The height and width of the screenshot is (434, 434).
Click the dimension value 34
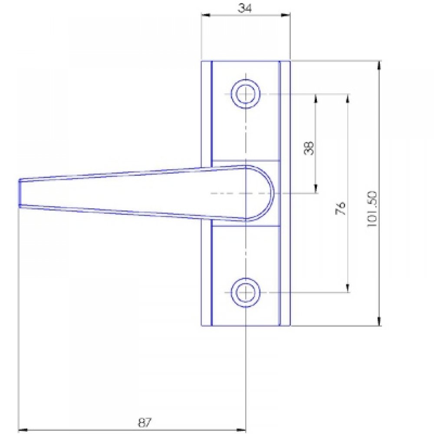pos(246,7)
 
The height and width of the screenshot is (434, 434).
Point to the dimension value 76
pos(341,208)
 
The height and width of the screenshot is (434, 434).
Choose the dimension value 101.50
pos(373,210)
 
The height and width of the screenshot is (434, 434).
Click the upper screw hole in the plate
pos(246,93)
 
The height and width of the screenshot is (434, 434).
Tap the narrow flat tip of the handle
pos(20,192)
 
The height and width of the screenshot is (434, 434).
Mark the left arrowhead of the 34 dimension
pos(204,15)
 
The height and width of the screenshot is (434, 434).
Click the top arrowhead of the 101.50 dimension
pos(380,65)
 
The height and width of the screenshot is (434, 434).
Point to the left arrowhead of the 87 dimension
pos(22,430)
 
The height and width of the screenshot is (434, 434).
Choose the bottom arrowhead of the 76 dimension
pos(347,288)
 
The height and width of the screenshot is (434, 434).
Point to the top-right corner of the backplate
pos(290,61)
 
